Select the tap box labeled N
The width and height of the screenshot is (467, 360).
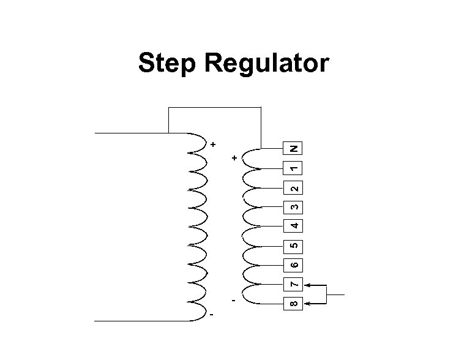click(x=294, y=148)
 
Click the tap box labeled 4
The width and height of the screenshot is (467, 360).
click(x=294, y=226)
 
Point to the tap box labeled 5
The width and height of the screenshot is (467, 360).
click(x=294, y=246)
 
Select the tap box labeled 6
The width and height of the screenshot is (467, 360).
click(x=294, y=265)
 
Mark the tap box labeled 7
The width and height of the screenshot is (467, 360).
click(x=294, y=285)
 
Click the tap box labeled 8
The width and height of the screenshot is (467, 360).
click(x=294, y=303)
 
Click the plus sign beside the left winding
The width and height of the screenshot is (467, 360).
click(x=212, y=145)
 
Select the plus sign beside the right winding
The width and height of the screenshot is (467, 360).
click(x=234, y=159)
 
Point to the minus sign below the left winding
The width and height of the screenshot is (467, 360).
click(x=212, y=315)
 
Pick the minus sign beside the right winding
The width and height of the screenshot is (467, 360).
click(x=233, y=301)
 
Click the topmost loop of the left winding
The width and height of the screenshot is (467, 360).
click(x=197, y=142)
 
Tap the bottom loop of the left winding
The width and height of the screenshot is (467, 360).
click(x=197, y=310)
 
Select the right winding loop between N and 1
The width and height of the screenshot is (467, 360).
click(x=252, y=158)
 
